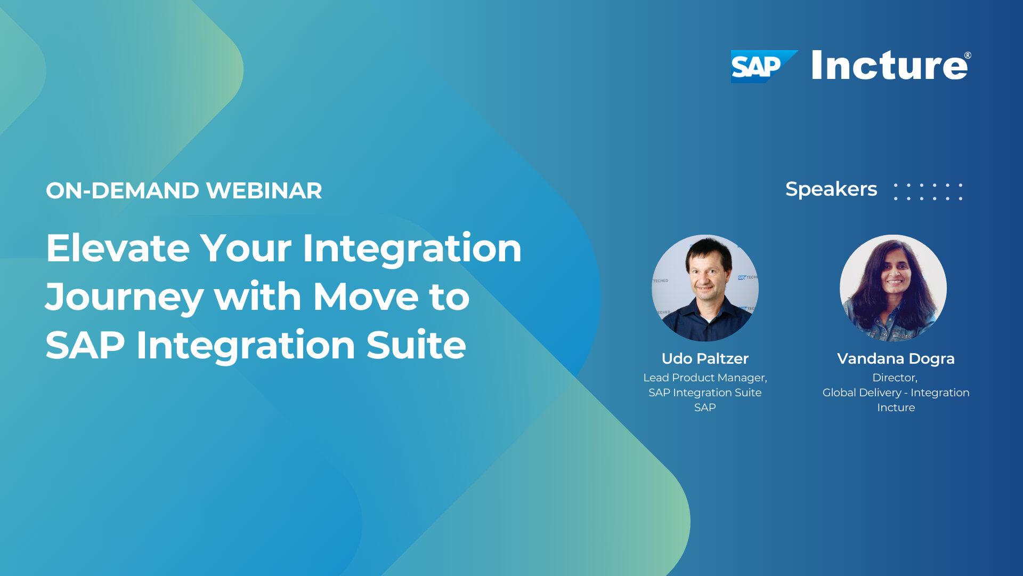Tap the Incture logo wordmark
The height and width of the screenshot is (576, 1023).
[x=889, y=66]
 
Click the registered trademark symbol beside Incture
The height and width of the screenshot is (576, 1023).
[x=968, y=55]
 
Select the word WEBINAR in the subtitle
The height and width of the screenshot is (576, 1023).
[x=264, y=191]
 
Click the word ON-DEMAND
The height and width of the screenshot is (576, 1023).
[x=122, y=191]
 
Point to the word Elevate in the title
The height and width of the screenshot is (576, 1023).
[x=118, y=249]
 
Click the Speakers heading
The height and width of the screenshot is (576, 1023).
[x=831, y=189]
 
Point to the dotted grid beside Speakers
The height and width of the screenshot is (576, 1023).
[x=928, y=192]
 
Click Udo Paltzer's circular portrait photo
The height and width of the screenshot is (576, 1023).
[x=705, y=288]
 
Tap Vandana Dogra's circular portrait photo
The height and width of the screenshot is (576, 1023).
[x=893, y=288]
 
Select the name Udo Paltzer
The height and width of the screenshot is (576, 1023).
[x=705, y=358]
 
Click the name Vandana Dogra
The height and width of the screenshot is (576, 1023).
[x=896, y=358]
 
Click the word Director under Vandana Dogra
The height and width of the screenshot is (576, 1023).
[x=895, y=378]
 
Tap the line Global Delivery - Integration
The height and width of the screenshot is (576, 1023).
[x=896, y=393]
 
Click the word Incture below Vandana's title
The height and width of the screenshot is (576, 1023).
[x=896, y=407]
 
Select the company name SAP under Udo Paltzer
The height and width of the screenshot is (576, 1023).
[x=705, y=407]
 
